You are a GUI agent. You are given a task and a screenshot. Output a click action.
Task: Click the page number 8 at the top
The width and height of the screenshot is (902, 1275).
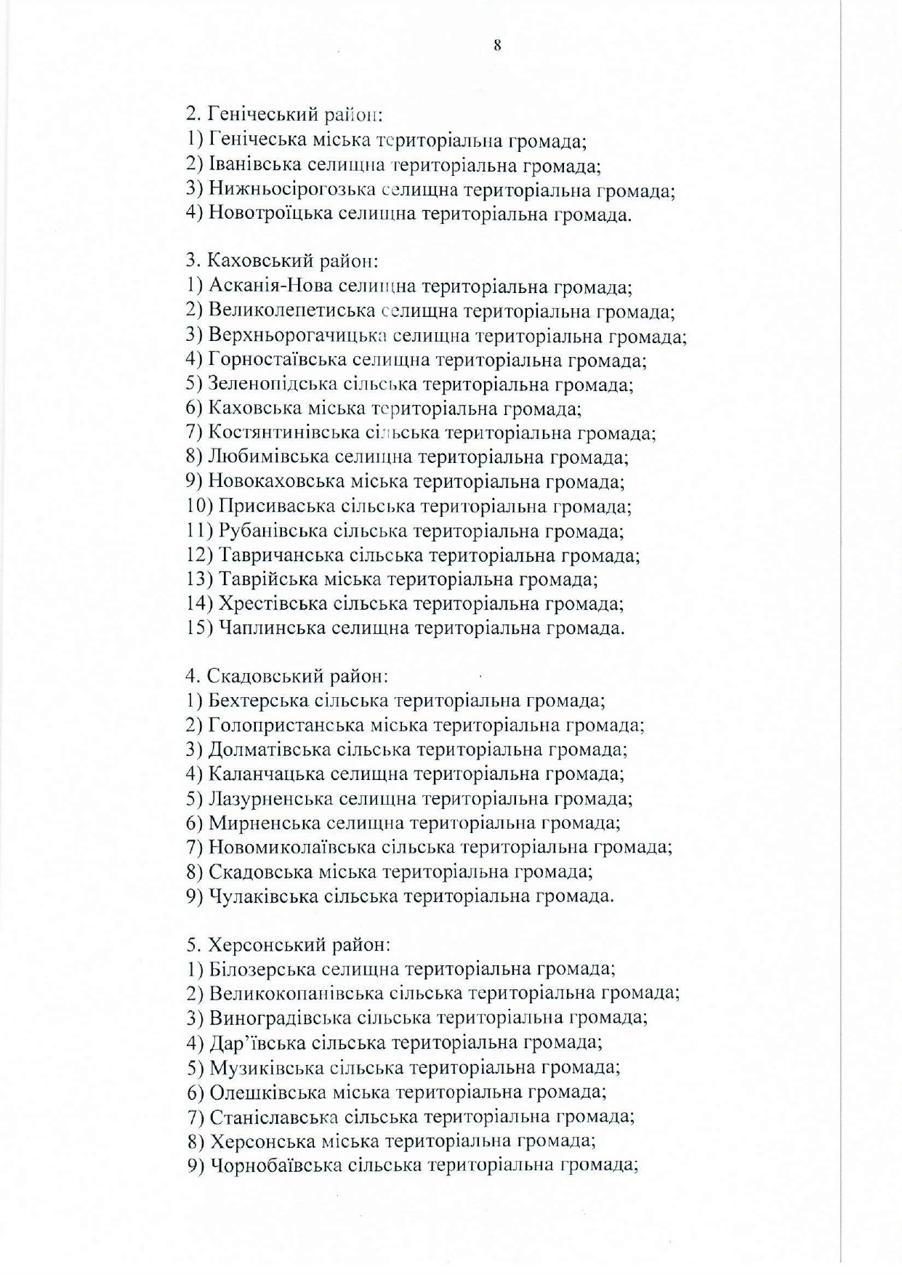(497, 46)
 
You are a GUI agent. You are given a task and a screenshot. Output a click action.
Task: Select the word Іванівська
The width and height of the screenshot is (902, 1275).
(251, 166)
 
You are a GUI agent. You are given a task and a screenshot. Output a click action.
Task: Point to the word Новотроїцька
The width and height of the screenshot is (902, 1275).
(270, 214)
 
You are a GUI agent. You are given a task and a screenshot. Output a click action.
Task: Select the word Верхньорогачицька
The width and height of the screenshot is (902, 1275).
(297, 336)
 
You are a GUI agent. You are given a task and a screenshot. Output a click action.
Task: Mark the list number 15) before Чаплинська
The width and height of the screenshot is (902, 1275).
(199, 627)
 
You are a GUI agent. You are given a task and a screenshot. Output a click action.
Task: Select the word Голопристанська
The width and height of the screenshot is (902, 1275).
(286, 725)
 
